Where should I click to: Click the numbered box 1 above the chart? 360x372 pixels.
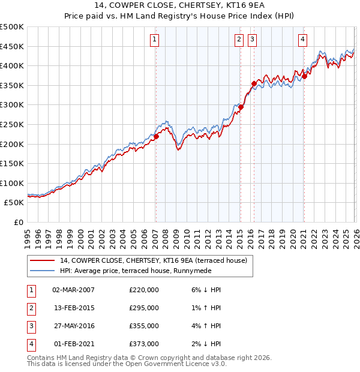(x=155, y=40)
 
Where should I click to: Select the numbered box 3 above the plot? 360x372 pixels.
(x=252, y=40)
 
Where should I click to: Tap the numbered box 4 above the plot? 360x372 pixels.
(x=302, y=40)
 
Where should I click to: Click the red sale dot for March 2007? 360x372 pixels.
(x=156, y=136)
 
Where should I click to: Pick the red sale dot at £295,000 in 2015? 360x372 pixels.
(x=241, y=107)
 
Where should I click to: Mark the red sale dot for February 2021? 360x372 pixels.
(x=304, y=76)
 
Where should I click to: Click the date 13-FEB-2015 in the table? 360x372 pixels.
(x=73, y=308)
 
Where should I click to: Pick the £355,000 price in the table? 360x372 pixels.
(x=144, y=326)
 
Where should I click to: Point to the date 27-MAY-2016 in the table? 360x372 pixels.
(x=73, y=326)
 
